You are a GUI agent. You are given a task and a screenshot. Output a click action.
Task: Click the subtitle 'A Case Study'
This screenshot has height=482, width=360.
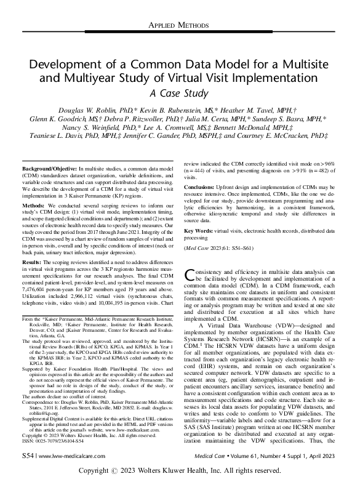(180, 94)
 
